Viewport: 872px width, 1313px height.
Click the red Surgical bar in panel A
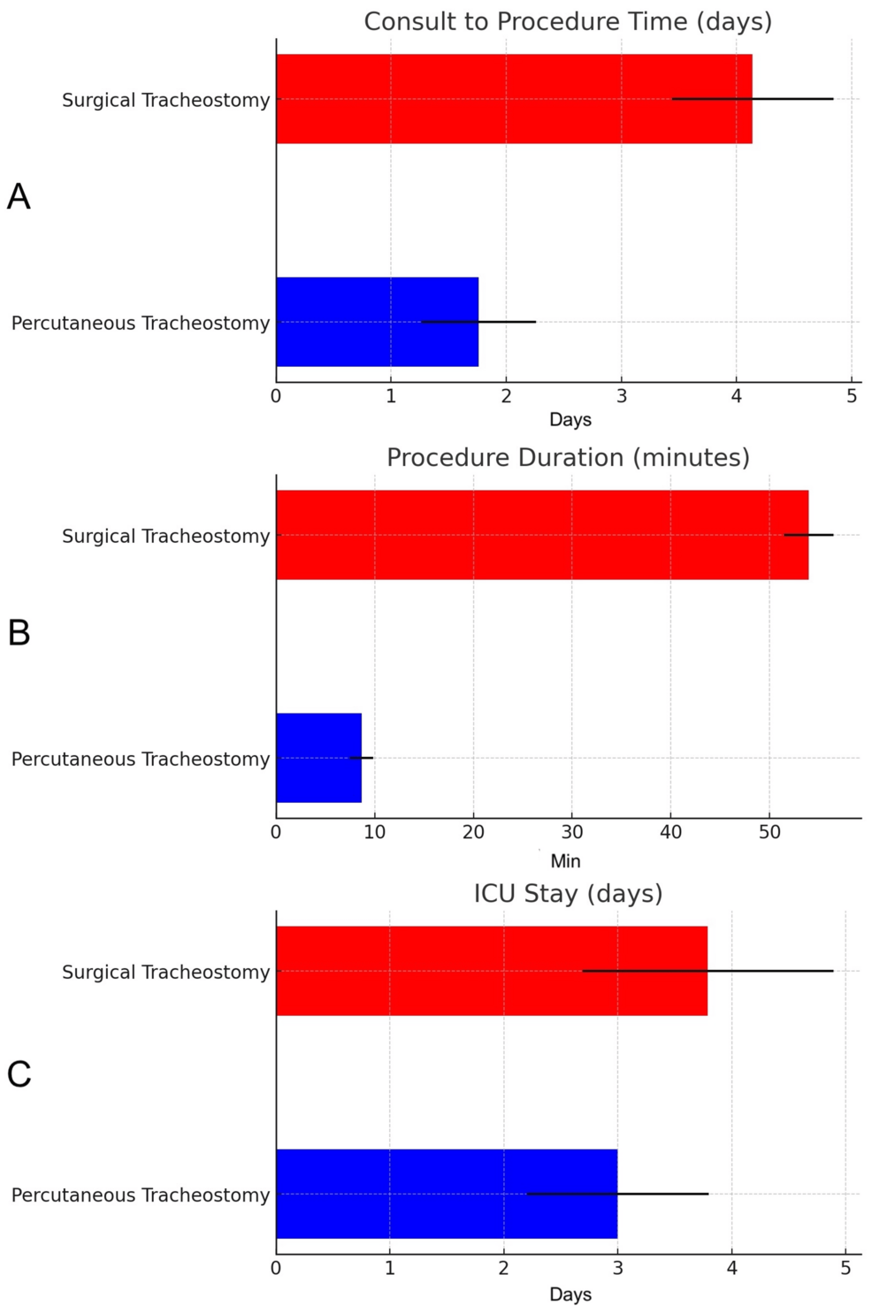pyautogui.click(x=513, y=98)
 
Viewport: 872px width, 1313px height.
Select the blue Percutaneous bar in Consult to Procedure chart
pyautogui.click(x=377, y=322)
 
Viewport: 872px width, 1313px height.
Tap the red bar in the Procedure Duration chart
pyautogui.click(x=541, y=535)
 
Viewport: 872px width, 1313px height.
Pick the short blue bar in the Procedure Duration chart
pyautogui.click(x=318, y=758)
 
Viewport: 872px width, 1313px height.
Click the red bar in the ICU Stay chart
pyautogui.click(x=491, y=971)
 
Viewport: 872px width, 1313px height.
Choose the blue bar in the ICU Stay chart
pyautogui.click(x=447, y=1194)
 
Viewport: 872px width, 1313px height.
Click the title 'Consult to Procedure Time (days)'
pyautogui.click(x=568, y=21)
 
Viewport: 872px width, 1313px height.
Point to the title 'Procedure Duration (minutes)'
pyautogui.click(x=568, y=457)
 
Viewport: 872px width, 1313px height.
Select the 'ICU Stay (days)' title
pyautogui.click(x=568, y=893)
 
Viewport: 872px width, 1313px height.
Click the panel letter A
pyautogui.click(x=19, y=196)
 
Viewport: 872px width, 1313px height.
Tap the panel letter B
pyautogui.click(x=19, y=633)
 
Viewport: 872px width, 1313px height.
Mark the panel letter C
pyautogui.click(x=19, y=1074)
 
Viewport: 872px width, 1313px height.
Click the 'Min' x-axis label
pyautogui.click(x=566, y=860)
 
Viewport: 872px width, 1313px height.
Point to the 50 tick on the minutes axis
pyautogui.click(x=769, y=832)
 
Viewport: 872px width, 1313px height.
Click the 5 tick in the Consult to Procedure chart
pyautogui.click(x=852, y=396)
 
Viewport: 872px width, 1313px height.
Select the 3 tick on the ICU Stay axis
pyautogui.click(x=617, y=1268)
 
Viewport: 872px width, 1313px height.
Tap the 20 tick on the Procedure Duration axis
pyautogui.click(x=473, y=832)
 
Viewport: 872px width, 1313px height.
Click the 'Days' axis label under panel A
pyautogui.click(x=570, y=419)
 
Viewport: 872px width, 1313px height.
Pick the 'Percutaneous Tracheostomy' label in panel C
pyautogui.click(x=141, y=1195)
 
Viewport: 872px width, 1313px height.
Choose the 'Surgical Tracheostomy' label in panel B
pyautogui.click(x=165, y=536)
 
